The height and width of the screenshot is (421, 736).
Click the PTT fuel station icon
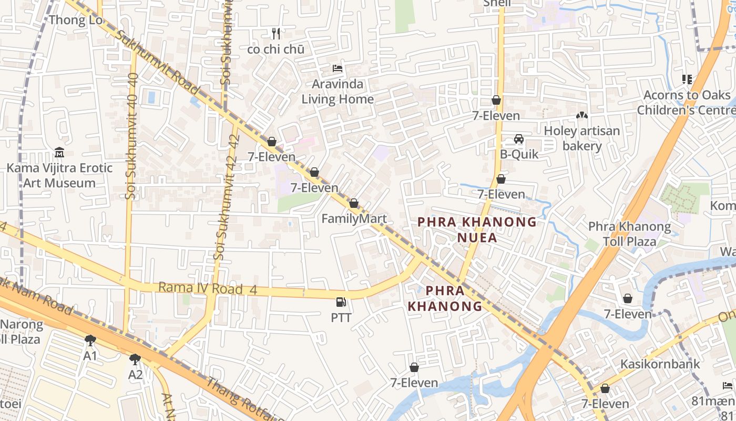tap(341, 302)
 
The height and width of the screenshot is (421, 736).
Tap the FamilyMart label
tap(354, 219)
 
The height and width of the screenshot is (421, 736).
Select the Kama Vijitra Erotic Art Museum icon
tap(59, 153)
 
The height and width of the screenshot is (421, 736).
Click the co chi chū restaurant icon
tap(276, 34)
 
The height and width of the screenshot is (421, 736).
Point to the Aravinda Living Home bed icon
tap(338, 69)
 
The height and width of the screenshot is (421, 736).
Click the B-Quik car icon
tap(519, 139)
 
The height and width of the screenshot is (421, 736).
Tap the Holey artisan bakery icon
tap(581, 115)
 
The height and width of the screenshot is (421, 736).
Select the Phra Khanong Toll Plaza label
tap(629, 234)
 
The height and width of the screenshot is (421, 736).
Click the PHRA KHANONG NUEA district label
tap(477, 229)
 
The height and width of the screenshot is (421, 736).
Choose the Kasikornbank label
tap(660, 364)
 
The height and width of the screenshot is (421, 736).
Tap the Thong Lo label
tap(75, 20)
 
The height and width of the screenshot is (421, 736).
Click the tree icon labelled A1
tap(90, 340)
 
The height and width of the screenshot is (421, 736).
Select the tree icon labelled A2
tap(135, 359)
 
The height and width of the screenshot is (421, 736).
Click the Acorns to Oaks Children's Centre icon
tap(687, 79)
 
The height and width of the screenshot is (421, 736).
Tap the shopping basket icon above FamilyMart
tap(354, 203)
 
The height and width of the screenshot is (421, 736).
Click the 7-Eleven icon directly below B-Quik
tap(501, 179)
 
